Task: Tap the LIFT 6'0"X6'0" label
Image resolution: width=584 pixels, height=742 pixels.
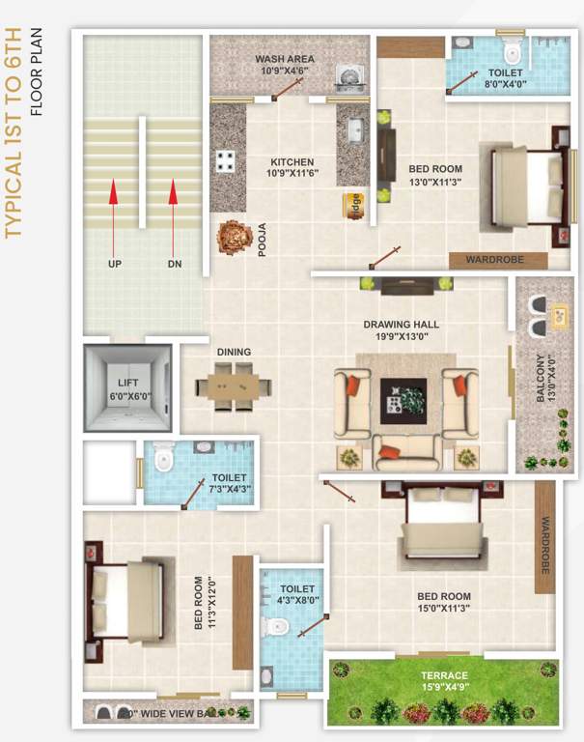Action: [128, 389]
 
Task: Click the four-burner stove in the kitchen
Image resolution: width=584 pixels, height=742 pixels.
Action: [226, 160]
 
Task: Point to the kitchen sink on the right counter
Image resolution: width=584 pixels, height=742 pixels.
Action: [354, 128]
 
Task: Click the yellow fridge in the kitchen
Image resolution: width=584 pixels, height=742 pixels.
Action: [354, 206]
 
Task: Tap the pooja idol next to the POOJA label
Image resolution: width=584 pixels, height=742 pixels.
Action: [233, 236]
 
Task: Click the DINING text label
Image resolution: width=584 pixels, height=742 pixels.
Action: [234, 352]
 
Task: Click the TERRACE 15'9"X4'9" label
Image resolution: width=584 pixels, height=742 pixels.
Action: [444, 681]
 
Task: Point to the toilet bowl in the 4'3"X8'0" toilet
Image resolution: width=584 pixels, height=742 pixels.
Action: [278, 625]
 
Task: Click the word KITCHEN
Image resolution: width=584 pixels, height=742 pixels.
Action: [292, 161]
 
